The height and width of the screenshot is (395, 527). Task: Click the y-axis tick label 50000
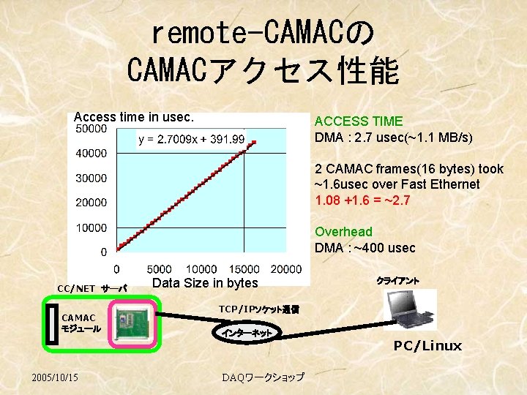point(91,129)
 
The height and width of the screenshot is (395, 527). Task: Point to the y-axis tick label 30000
point(91,178)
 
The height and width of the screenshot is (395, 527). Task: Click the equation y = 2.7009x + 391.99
point(192,139)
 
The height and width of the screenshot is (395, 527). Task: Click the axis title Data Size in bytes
point(205,283)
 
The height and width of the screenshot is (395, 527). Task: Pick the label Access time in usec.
point(134,116)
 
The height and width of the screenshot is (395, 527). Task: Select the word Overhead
point(343,232)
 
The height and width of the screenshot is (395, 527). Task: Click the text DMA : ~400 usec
point(365,248)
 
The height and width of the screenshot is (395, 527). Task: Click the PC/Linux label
point(427,346)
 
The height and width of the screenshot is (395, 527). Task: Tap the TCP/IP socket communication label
point(258,309)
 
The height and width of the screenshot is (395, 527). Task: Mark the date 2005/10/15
point(56,377)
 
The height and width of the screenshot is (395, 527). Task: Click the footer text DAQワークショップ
point(263,377)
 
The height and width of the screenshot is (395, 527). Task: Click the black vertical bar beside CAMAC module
point(51,322)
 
